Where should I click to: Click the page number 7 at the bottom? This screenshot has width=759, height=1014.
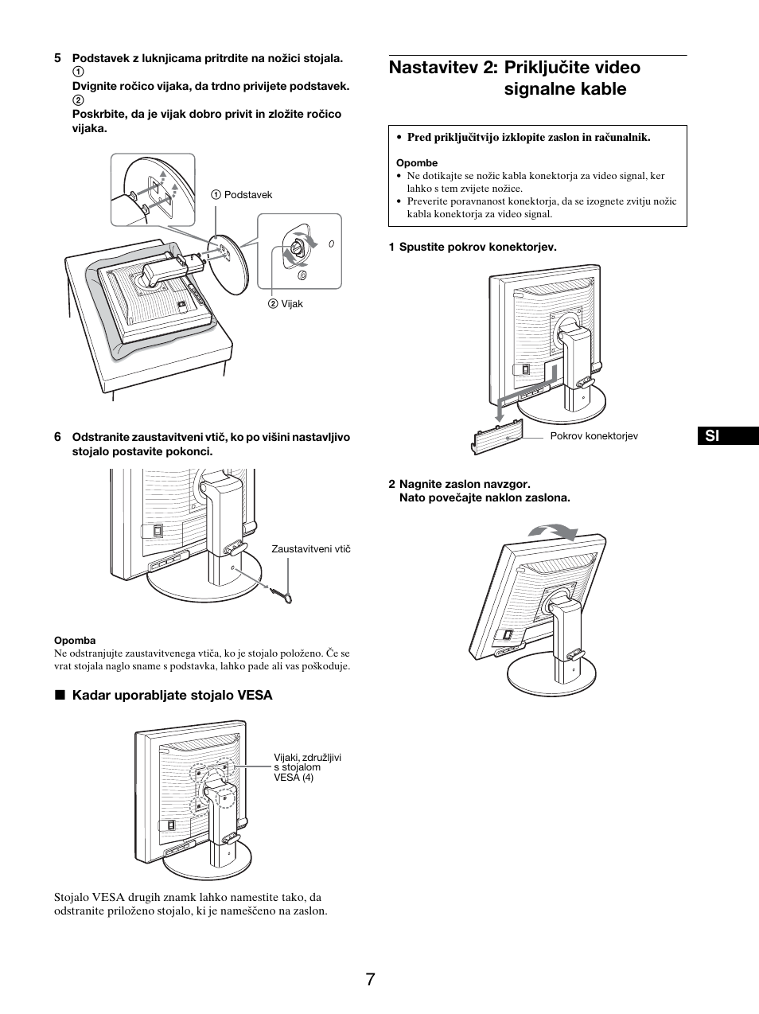[x=371, y=979]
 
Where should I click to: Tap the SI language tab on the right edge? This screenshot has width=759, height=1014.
[x=713, y=436]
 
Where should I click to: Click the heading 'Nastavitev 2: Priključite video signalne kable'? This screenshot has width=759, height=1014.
[x=515, y=78]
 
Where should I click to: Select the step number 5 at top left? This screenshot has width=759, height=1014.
[x=57, y=58]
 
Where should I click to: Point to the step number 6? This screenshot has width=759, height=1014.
[x=57, y=437]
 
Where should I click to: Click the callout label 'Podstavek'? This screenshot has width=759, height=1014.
[x=247, y=195]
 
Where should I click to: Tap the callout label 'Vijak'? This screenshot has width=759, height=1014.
[x=291, y=304]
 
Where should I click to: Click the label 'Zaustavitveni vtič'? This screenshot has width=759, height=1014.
[x=311, y=549]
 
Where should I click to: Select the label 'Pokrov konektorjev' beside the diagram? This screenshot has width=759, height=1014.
[x=594, y=436]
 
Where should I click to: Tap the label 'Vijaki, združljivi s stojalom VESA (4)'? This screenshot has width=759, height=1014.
[x=307, y=767]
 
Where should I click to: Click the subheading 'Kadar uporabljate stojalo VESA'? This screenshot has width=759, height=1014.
[x=172, y=696]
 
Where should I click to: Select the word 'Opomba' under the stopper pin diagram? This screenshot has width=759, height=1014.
[x=75, y=641]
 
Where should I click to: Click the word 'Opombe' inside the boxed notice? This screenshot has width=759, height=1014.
[x=417, y=163]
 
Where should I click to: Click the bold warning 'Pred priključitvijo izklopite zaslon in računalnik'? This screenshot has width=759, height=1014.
[x=528, y=138]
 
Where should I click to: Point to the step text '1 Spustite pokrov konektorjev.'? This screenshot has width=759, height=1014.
[x=473, y=247]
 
